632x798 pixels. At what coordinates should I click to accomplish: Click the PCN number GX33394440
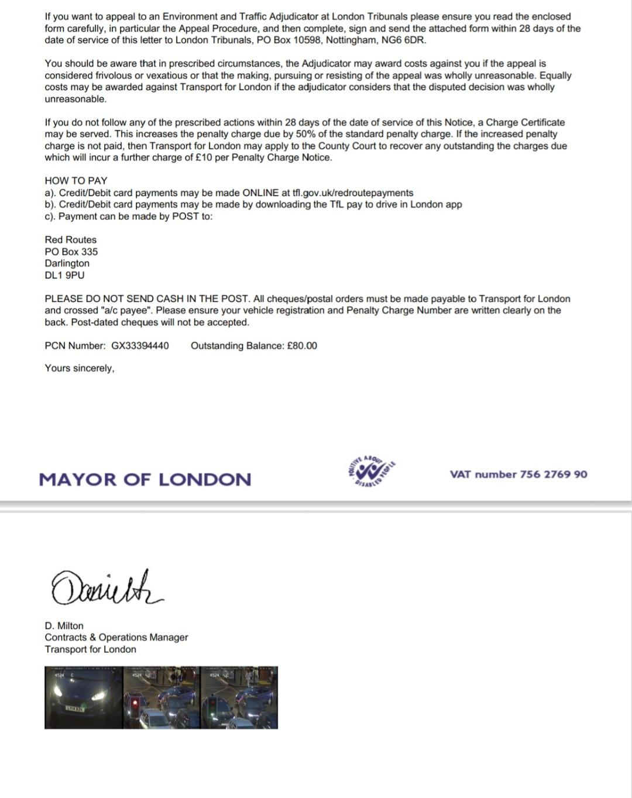click(140, 346)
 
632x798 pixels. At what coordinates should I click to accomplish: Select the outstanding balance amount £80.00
click(302, 346)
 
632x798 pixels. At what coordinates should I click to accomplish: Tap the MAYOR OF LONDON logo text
click(145, 480)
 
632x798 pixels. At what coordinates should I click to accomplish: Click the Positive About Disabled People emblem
click(372, 472)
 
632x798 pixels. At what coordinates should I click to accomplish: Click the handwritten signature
click(106, 587)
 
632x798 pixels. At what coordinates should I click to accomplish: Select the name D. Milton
click(64, 625)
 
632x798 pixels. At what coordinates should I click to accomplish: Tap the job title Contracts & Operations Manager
click(116, 637)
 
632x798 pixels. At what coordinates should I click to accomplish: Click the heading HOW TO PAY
click(76, 181)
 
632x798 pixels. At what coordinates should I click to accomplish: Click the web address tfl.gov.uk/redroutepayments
click(352, 193)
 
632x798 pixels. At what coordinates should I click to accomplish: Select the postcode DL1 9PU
click(64, 275)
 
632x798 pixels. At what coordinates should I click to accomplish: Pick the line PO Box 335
click(71, 252)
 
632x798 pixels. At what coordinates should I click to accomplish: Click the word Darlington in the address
click(67, 263)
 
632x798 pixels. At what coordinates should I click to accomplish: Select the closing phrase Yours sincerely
click(80, 368)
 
